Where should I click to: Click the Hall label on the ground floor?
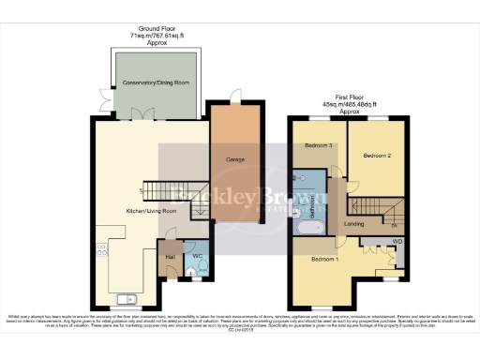coord(171,256)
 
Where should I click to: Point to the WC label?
coord(198,256)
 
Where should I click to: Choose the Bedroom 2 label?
coord(377,155)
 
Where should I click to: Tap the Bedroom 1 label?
coord(323,258)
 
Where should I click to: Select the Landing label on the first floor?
coord(354,225)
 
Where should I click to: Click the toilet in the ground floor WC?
coord(191,273)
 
